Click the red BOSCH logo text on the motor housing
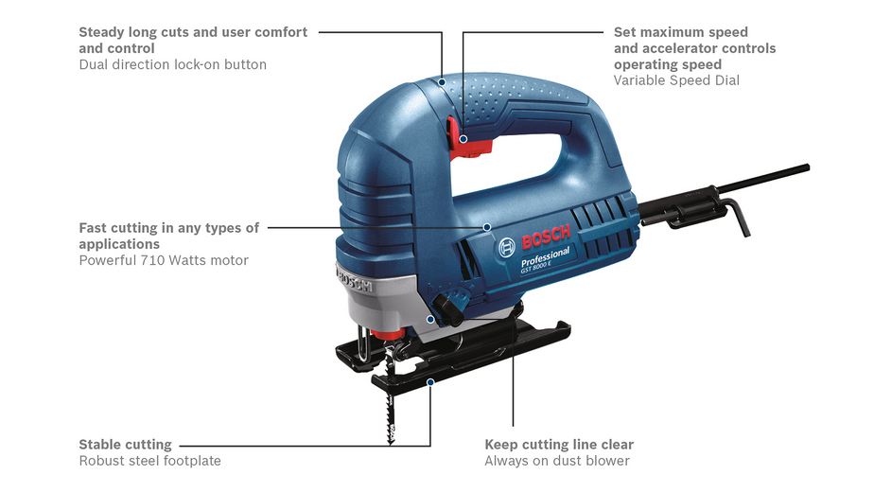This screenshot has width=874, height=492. tap(546, 237)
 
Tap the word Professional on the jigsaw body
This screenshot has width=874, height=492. tap(545, 256)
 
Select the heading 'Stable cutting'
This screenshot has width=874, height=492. tap(126, 445)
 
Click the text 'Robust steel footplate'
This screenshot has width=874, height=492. tap(150, 461)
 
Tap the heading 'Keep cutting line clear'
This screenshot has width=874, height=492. tap(559, 445)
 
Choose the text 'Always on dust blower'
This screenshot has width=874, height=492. tap(557, 461)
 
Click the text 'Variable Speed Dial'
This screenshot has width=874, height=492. tap(676, 80)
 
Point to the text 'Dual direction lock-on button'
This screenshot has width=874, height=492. tap(173, 64)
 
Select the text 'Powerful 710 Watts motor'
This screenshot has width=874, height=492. tap(164, 260)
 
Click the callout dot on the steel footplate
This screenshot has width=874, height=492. tap(430, 382)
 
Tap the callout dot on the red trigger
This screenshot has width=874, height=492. tap(463, 139)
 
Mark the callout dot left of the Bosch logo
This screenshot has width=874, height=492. tap(486, 227)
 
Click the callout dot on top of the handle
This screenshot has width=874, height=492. tap(442, 82)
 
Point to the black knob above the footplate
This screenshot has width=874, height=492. tap(448, 308)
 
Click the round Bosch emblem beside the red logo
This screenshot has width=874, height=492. tap(507, 247)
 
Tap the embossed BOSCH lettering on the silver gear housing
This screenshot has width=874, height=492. tap(355, 281)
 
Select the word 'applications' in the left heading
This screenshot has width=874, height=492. tap(119, 244)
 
